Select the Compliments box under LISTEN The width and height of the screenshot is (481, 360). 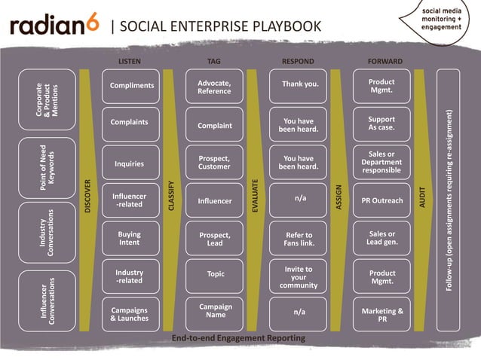[132, 86]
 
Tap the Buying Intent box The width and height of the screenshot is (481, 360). [130, 239]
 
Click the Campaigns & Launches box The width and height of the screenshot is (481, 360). [130, 314]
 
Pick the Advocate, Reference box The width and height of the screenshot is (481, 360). [214, 87]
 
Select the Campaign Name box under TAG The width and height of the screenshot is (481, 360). [216, 311]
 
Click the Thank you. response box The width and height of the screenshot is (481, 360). [299, 84]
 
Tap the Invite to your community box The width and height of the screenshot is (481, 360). [299, 277]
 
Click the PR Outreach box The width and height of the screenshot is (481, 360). [382, 201]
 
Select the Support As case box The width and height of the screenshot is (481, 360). [381, 124]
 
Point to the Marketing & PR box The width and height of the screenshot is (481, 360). [382, 314]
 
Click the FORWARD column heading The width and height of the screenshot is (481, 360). [384, 60]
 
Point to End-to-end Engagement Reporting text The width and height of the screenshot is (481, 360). [238, 338]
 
